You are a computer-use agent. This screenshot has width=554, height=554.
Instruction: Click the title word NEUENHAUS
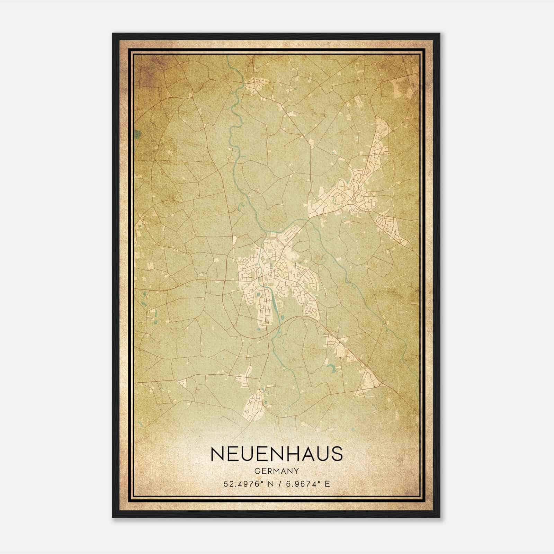(277, 454)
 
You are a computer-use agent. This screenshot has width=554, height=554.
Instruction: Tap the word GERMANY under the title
(277, 471)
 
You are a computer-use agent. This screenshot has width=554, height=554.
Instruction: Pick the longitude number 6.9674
(301, 484)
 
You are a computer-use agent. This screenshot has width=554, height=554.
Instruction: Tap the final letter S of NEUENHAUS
(336, 454)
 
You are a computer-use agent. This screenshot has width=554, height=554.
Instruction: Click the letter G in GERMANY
(257, 471)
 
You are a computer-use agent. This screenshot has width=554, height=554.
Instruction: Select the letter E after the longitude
(327, 484)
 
